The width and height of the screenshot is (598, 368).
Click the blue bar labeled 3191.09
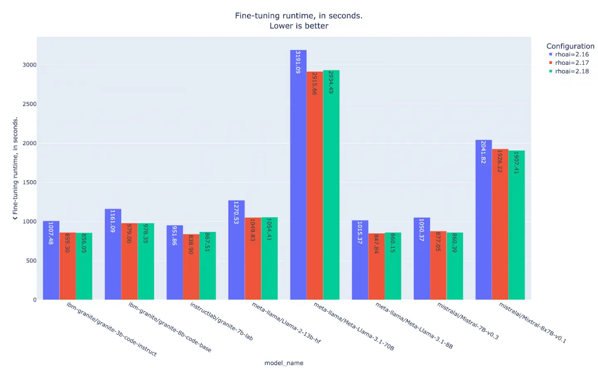pos(298,174)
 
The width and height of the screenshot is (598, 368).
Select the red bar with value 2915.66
pos(314,185)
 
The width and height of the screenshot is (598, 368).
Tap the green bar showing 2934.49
pos(331,185)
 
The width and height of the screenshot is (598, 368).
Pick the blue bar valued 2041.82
pos(483,220)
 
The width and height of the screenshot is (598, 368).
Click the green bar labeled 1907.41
pos(516,225)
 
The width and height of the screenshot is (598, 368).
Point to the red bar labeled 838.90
pos(191,267)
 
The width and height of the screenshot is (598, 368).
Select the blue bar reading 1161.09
pos(113,254)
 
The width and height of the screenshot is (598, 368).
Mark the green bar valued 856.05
pos(84,266)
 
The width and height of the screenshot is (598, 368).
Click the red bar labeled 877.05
pos(438,265)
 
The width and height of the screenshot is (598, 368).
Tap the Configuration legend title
pos(570,46)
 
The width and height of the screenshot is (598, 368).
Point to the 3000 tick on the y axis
pos(29,65)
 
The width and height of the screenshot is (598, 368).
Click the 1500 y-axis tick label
pos(29,182)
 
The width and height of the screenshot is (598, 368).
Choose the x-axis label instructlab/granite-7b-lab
pos(221,321)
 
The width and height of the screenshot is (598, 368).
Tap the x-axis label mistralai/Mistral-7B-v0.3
pos(468,321)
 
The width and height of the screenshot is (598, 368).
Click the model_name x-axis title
pos(284,363)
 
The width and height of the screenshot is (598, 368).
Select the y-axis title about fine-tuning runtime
pos(15,168)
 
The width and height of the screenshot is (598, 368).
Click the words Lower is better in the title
pos(299,26)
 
